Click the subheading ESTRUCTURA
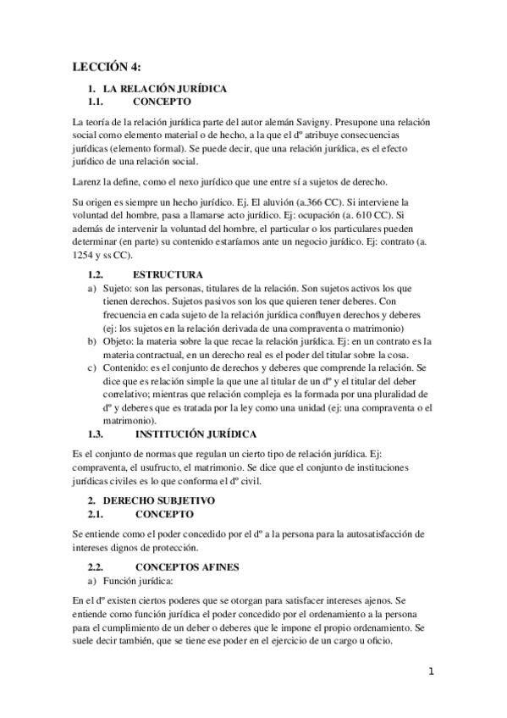(x=168, y=274)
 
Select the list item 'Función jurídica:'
(x=140, y=581)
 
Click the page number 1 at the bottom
(x=431, y=672)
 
